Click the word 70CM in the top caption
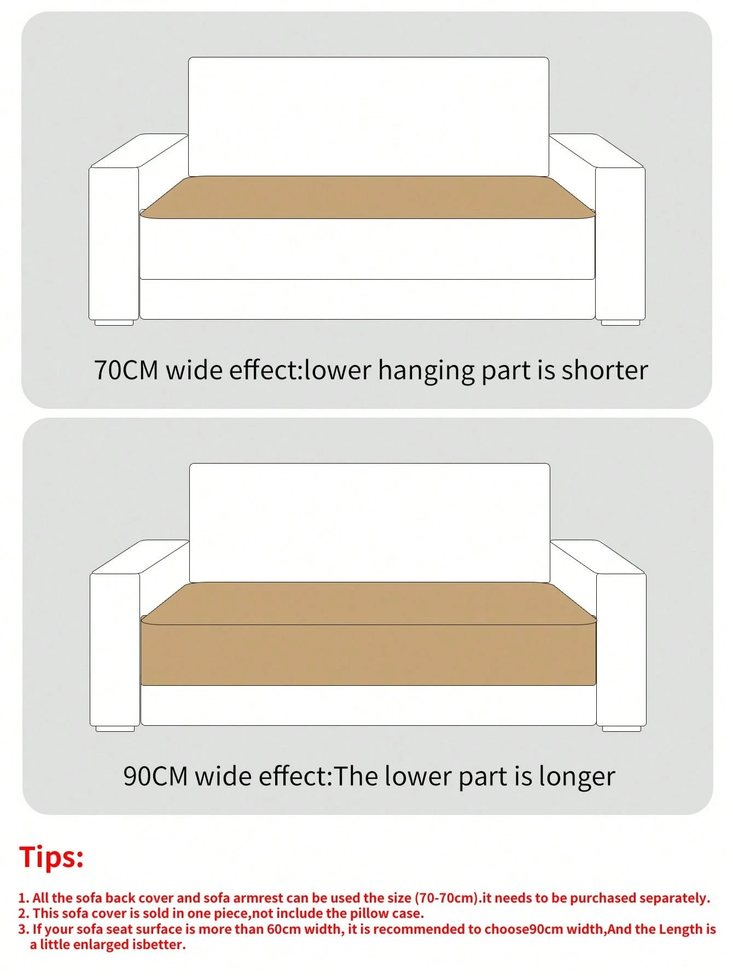click(126, 370)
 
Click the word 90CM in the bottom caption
click(155, 776)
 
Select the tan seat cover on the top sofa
click(368, 197)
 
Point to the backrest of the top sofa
click(369, 117)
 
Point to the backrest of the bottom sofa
click(370, 523)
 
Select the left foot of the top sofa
click(114, 322)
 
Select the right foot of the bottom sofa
click(621, 729)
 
